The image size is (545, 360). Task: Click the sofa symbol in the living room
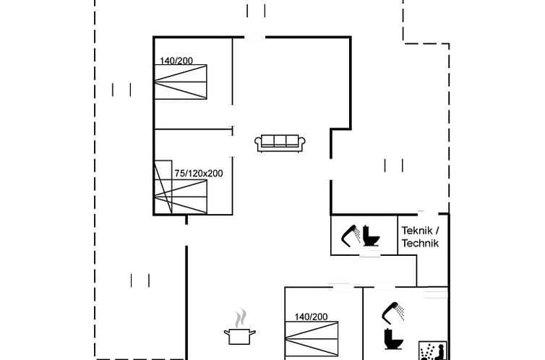tap(280, 143)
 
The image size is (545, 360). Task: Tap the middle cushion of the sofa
tap(280, 140)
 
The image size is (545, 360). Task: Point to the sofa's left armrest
tap(258, 142)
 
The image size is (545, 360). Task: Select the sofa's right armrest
tap(301, 142)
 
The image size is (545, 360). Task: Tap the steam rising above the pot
tap(240, 318)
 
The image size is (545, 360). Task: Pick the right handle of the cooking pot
tap(253, 333)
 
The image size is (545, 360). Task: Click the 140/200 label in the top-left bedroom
tap(176, 61)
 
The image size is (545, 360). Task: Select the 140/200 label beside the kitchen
tap(311, 317)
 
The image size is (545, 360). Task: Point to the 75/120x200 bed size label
tap(199, 173)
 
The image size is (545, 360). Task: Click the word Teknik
tap(417, 231)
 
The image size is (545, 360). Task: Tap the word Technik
tap(420, 243)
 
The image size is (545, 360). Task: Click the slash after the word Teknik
tap(437, 231)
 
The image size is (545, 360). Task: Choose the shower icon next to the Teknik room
tap(351, 236)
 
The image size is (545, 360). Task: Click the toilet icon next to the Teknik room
tap(371, 236)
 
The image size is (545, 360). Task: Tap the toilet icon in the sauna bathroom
tap(394, 339)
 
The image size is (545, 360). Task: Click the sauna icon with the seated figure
tap(433, 351)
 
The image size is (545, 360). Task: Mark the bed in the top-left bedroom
tap(181, 82)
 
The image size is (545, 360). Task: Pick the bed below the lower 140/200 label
tap(312, 338)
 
